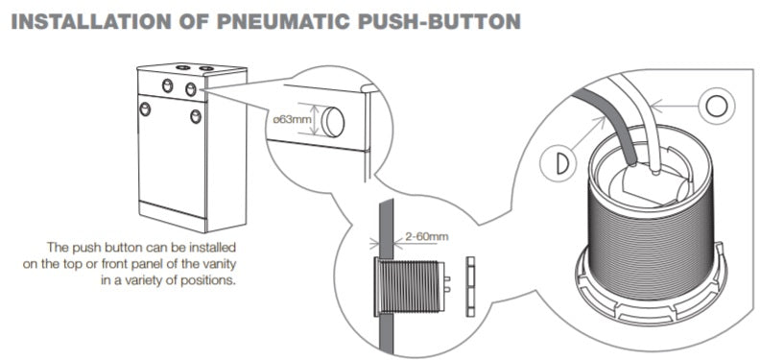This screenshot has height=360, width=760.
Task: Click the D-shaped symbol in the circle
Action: point(562,163)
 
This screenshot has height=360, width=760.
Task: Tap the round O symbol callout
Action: point(717,107)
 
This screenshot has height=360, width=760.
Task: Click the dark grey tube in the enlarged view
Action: point(608,125)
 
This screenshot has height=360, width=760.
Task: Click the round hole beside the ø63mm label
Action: point(333,121)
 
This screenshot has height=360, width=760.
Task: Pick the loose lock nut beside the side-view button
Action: point(470,286)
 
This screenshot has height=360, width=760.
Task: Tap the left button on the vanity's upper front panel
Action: point(167,85)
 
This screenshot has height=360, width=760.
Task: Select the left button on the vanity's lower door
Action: point(145,108)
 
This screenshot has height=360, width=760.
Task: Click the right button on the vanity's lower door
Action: point(196,116)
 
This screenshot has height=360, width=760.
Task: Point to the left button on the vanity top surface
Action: point(182,67)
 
